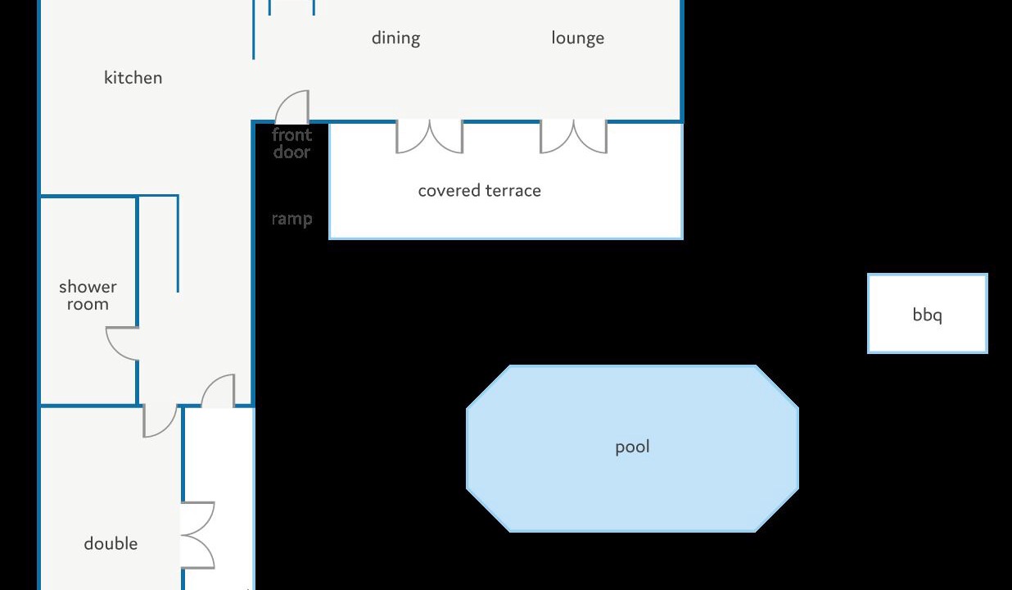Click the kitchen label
point(133,78)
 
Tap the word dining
point(395,39)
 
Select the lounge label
point(578,39)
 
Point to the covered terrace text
point(479,191)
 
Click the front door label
point(291,143)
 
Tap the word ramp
point(291,220)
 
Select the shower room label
point(88,295)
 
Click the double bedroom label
point(111,543)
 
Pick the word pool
point(632,447)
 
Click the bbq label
point(928,315)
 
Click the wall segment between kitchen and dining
point(254,29)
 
